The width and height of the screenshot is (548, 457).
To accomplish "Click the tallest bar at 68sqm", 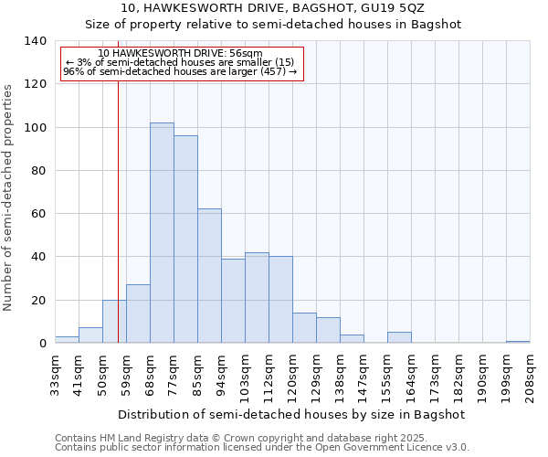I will (x=162, y=233).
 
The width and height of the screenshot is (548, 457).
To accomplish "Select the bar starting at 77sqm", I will (x=185, y=239).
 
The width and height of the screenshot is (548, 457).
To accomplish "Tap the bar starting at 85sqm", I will (x=209, y=276).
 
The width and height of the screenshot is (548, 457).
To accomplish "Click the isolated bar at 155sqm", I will (x=399, y=337).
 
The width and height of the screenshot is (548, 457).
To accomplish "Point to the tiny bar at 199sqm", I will (x=518, y=342).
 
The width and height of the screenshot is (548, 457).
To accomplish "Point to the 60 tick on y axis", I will (x=38, y=214).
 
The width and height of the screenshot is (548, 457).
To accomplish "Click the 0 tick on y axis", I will (x=42, y=344).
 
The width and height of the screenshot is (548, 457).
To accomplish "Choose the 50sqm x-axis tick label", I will (x=103, y=376).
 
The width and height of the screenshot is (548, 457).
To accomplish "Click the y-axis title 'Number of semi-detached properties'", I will (x=8, y=197).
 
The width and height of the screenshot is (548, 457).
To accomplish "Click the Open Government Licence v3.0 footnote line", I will (x=261, y=447).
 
